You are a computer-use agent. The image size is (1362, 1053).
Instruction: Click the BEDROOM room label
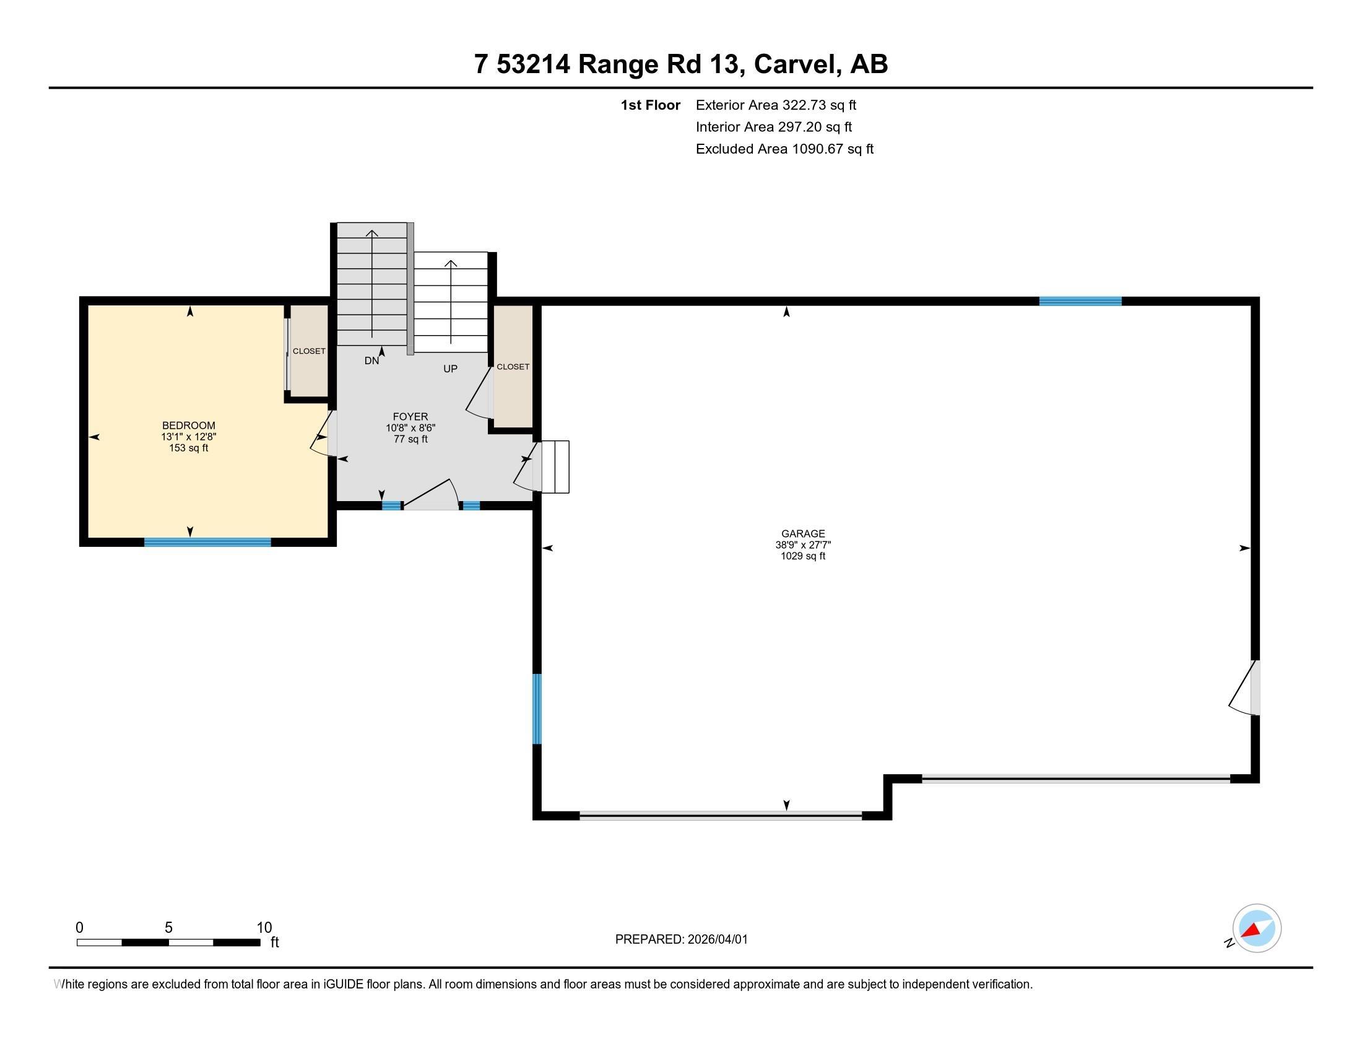pyautogui.click(x=188, y=426)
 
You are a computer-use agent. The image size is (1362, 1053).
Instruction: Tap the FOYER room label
pyautogui.click(x=410, y=417)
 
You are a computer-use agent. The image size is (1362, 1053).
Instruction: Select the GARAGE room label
pyautogui.click(x=803, y=533)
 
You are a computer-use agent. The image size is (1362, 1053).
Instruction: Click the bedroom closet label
pyautogui.click(x=309, y=351)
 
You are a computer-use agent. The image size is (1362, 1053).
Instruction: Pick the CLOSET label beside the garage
pyautogui.click(x=513, y=367)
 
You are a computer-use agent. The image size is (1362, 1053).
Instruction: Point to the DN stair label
pyautogui.click(x=371, y=360)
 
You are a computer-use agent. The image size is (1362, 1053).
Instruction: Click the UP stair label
pyautogui.click(x=450, y=369)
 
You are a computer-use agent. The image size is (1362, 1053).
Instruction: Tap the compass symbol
pyautogui.click(x=1256, y=928)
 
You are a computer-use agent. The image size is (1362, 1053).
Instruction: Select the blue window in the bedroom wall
pyautogui.click(x=207, y=542)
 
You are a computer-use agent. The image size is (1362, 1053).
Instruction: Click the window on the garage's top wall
pyautogui.click(x=1080, y=301)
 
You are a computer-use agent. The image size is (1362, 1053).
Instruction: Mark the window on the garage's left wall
pyautogui.click(x=537, y=709)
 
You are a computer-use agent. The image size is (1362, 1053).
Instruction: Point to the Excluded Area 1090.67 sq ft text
pyautogui.click(x=784, y=149)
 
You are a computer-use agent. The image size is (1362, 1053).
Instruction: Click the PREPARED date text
pyautogui.click(x=681, y=940)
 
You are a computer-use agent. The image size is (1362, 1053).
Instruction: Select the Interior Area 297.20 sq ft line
pyautogui.click(x=774, y=126)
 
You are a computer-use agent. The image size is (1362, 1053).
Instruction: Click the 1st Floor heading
pyautogui.click(x=651, y=105)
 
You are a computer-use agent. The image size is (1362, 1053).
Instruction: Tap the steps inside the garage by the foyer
pyautogui.click(x=555, y=466)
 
